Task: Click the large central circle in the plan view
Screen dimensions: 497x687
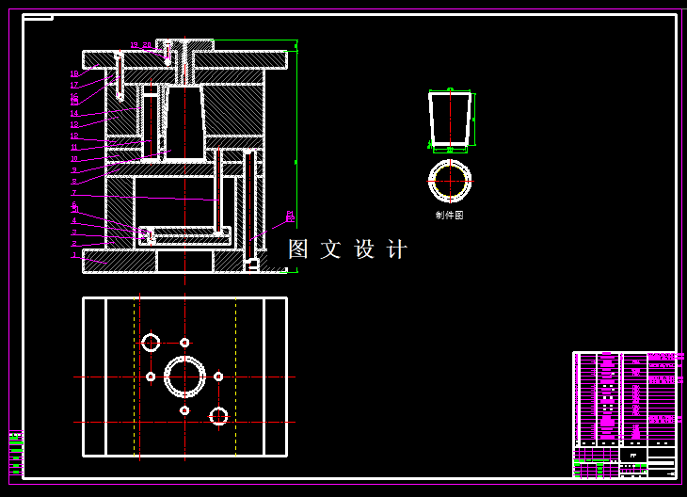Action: point(184,377)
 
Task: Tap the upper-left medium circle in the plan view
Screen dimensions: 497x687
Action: point(151,343)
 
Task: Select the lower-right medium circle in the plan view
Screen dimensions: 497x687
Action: point(218,415)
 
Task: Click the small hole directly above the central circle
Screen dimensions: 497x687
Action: point(184,343)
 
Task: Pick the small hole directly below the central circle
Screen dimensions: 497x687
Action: point(184,410)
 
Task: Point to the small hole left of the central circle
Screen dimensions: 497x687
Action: point(151,377)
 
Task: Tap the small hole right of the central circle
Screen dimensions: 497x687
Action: point(218,377)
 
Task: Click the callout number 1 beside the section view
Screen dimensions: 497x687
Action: point(74,255)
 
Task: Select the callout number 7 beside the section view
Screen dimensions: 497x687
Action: point(74,193)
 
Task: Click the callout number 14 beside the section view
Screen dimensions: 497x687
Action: point(74,114)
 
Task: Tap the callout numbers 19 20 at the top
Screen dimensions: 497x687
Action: point(140,45)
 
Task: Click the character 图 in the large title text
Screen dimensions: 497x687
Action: point(298,249)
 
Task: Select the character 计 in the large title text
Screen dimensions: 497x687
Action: point(397,249)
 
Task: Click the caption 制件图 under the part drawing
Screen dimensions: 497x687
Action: point(449,216)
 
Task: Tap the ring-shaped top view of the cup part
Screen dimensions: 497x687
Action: point(450,181)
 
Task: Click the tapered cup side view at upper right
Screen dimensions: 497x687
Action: point(450,119)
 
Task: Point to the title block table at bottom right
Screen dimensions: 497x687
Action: point(624,414)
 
